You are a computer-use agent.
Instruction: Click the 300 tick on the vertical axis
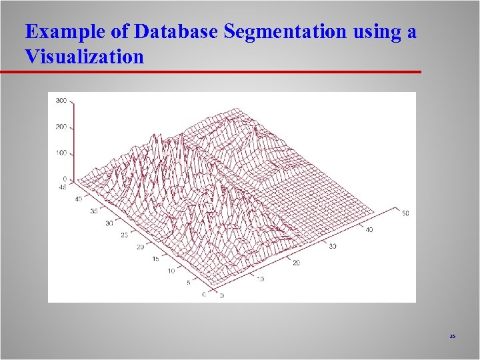[x=61, y=101]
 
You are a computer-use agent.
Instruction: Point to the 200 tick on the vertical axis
[x=61, y=127]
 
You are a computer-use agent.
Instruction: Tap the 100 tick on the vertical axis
[x=61, y=153]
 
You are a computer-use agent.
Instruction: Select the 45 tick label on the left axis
[x=63, y=187]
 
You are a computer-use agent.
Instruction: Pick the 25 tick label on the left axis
[x=125, y=235]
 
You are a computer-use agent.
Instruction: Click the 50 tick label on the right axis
[x=405, y=213]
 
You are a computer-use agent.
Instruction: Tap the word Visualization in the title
[x=84, y=57]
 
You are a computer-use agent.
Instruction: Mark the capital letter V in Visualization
[x=31, y=57]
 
